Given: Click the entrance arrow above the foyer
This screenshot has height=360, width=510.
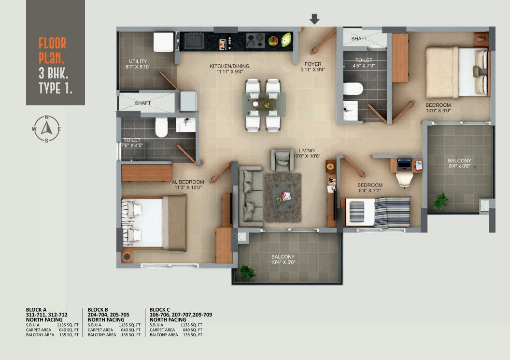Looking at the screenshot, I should pos(314,19).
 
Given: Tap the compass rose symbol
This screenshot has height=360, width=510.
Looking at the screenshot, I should pos(46,129).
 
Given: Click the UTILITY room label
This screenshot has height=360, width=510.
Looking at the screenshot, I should pos(134,61).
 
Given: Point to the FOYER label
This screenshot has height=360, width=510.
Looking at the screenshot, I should pos(312,64).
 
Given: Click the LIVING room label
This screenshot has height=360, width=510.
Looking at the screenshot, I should pos(306,150).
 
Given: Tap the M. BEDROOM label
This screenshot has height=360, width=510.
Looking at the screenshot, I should pos(188,182).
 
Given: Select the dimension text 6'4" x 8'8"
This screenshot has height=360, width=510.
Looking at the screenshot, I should pos(459,167).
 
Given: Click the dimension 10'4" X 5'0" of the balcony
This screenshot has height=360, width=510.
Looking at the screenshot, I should pos(283,262).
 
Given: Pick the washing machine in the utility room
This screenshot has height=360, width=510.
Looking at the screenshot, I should pos(163,42).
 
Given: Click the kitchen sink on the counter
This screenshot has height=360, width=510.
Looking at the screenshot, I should pos(195,41).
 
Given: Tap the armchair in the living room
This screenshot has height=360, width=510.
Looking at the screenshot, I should pos(282,160).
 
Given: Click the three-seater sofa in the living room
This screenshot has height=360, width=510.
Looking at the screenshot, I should pos(251,196).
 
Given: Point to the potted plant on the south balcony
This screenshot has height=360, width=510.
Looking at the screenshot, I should pos(247,273).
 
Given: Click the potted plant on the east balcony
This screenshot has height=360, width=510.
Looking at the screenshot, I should pos(440,201).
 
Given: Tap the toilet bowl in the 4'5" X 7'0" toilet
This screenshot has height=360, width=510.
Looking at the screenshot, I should pos(353,89).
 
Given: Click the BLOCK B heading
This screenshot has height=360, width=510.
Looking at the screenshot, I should pos(98,309).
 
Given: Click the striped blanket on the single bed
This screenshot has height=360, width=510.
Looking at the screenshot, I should pos(392,211).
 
